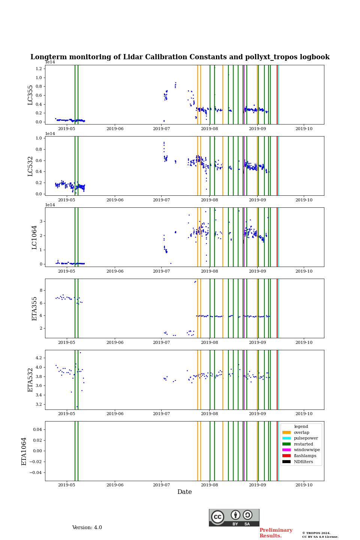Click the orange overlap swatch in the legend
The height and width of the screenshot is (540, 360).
tap(286, 432)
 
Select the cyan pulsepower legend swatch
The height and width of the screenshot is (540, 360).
tap(286, 438)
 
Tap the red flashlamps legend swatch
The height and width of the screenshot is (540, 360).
tap(286, 456)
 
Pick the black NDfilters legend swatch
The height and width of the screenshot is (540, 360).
tap(286, 462)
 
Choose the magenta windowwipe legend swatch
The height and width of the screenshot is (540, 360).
tap(286, 450)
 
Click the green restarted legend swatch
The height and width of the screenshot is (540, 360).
tap(286, 444)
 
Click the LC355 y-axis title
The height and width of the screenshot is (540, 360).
tap(30, 94)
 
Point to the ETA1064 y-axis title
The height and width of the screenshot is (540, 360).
tap(24, 451)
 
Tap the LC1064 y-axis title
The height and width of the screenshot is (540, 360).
tap(34, 237)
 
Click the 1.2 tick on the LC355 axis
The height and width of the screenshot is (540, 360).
tap(39, 69)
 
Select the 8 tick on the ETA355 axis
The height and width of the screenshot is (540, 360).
tap(40, 291)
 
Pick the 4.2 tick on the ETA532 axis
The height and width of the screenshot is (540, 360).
tap(39, 358)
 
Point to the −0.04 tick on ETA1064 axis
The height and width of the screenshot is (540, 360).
tap(36, 472)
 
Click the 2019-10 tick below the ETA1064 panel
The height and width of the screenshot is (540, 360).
tap(304, 485)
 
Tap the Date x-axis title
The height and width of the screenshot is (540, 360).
tap(184, 492)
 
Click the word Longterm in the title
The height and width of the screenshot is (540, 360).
tap(47, 57)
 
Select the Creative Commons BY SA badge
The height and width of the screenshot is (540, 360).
tap(234, 517)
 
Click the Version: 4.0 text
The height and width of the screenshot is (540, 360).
tap(87, 528)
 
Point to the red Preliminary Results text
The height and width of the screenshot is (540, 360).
tap(276, 533)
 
